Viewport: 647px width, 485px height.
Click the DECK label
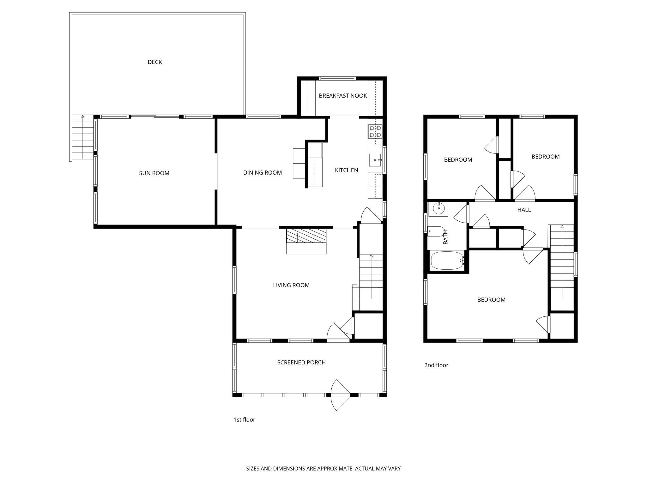pyautogui.click(x=155, y=62)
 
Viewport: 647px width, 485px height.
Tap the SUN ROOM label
pyautogui.click(x=154, y=173)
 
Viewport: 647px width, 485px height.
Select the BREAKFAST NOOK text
pyautogui.click(x=343, y=96)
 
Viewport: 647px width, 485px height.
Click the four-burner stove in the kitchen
pyautogui.click(x=375, y=132)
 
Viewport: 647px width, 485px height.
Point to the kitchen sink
pyautogui.click(x=375, y=160)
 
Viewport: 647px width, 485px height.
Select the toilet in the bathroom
pyautogui.click(x=436, y=231)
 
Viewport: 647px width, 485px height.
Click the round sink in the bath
pyautogui.click(x=438, y=208)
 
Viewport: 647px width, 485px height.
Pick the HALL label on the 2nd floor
pyautogui.click(x=524, y=210)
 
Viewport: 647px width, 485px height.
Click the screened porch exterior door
pyautogui.click(x=341, y=395)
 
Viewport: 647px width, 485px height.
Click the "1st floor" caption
pyautogui.click(x=244, y=420)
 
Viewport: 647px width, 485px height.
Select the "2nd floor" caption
pyautogui.click(x=436, y=365)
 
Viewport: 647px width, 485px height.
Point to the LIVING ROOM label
pyautogui.click(x=291, y=285)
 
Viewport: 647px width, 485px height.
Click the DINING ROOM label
pyautogui.click(x=262, y=173)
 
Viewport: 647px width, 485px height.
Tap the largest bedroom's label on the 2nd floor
pyautogui.click(x=491, y=300)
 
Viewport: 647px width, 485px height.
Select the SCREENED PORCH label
pyautogui.click(x=301, y=362)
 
